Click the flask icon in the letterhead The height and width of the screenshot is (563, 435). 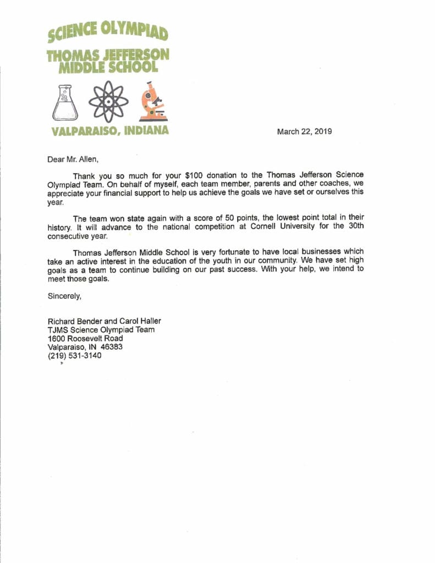65,103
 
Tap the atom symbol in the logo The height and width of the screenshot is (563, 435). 108,102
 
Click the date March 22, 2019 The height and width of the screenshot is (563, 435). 304,131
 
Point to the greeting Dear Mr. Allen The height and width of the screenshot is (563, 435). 73,160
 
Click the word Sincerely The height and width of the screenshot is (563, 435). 64,296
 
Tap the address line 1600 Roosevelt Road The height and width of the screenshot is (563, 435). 85,338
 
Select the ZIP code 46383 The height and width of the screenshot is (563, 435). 112,347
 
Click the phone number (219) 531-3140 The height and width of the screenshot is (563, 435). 75,356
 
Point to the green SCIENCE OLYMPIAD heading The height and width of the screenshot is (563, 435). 108,32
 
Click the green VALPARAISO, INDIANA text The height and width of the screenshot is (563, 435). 109,131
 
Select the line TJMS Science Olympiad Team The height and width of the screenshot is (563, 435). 101,330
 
